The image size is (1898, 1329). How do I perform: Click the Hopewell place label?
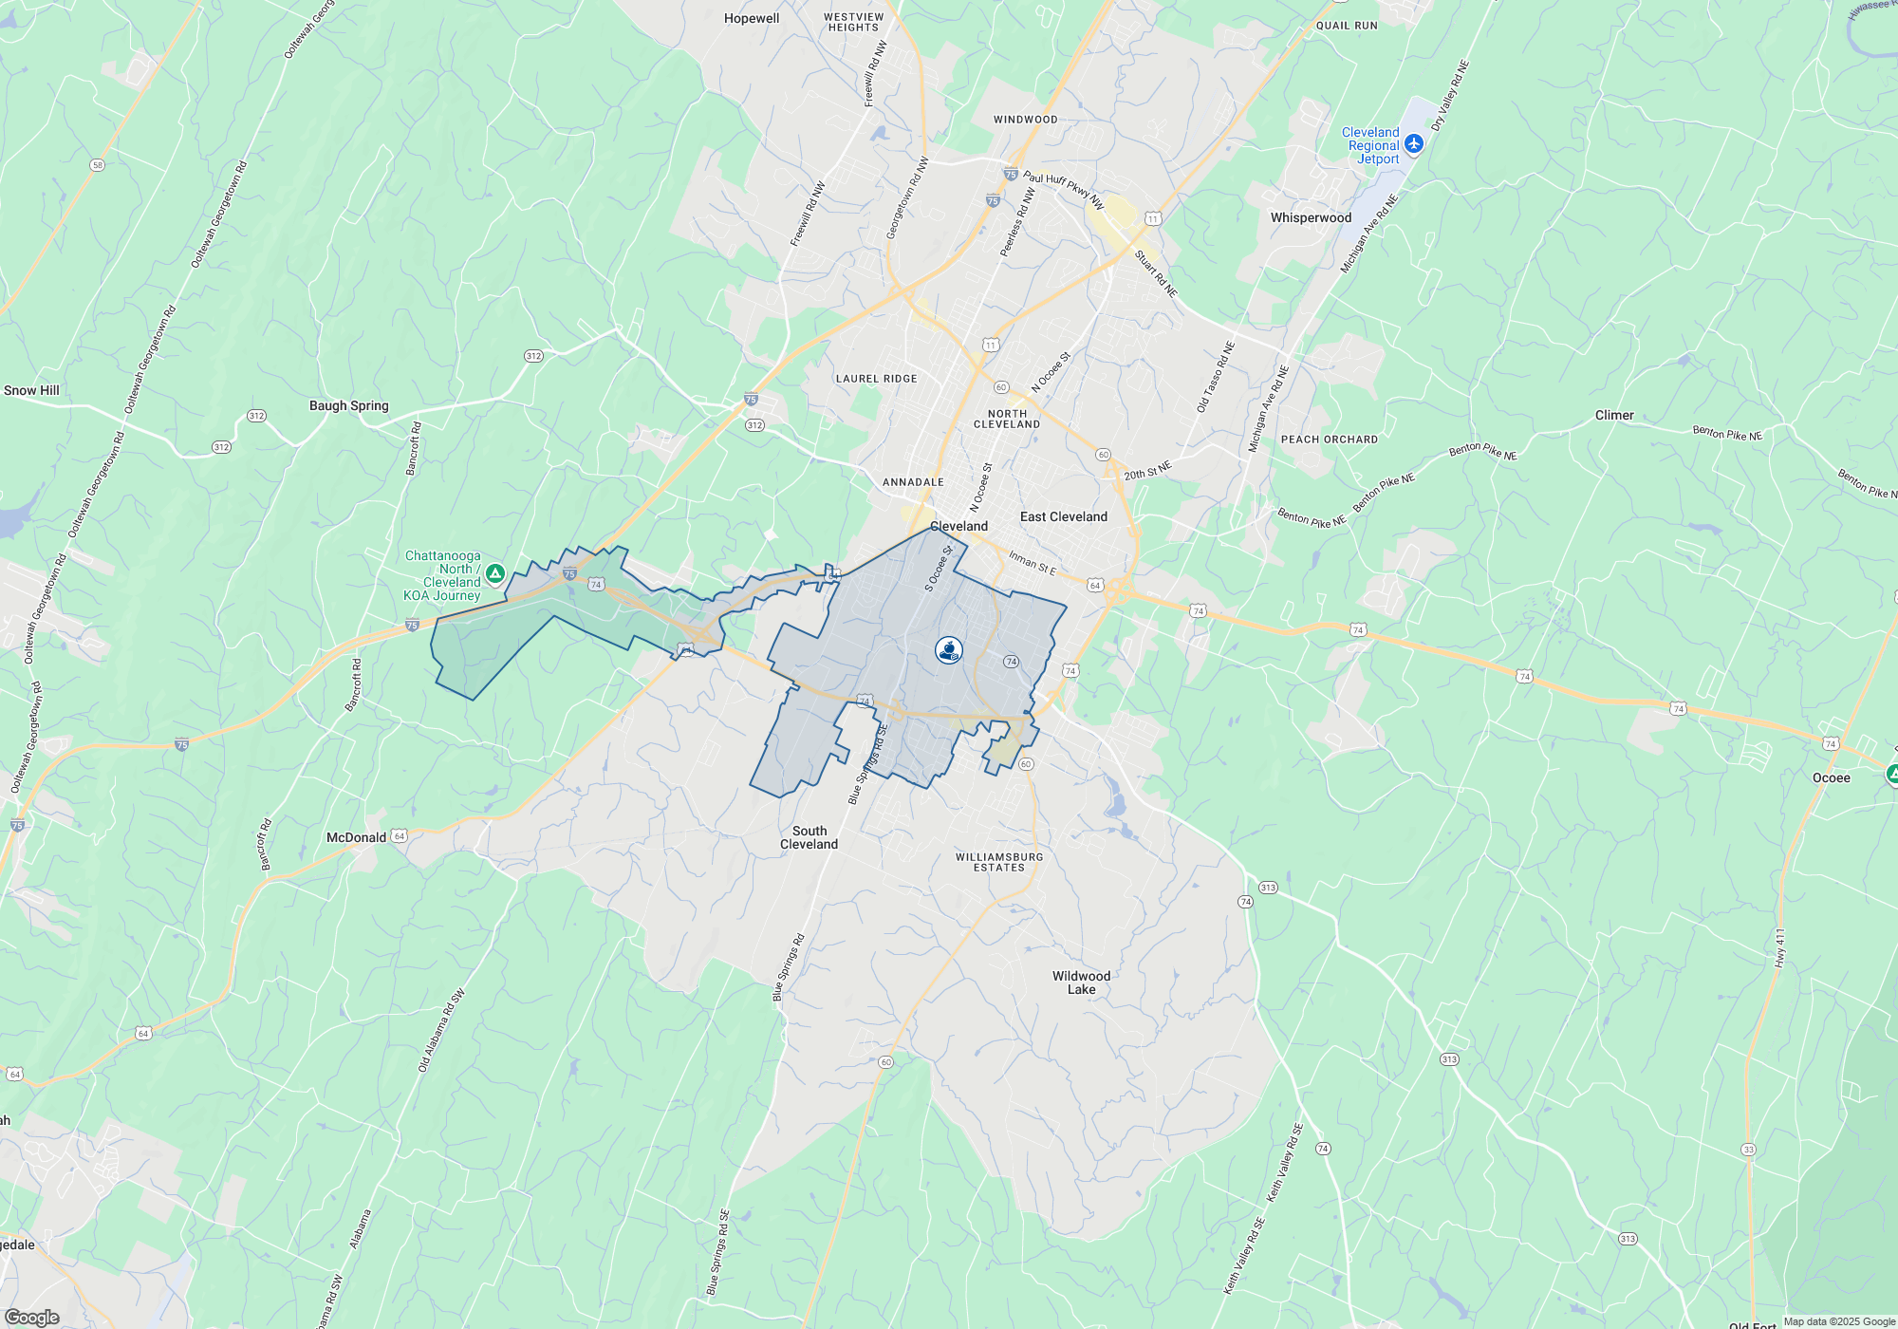click(x=752, y=19)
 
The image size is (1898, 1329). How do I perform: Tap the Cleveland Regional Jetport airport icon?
click(x=1414, y=143)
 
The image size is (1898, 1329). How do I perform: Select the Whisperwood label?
click(x=1311, y=218)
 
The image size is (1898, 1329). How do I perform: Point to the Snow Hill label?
click(x=31, y=390)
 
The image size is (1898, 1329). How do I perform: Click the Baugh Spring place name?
click(x=349, y=406)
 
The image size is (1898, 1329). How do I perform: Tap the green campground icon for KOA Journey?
click(x=495, y=573)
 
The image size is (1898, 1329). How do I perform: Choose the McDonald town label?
click(x=356, y=837)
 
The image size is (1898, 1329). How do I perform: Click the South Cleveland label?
click(x=809, y=837)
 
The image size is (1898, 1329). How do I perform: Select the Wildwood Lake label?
click(x=1081, y=983)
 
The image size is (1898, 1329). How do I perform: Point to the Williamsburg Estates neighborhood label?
click(x=999, y=862)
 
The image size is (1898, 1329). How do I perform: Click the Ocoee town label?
click(x=1831, y=778)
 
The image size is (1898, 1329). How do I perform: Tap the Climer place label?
click(x=1614, y=416)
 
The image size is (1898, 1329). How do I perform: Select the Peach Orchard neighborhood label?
click(x=1329, y=440)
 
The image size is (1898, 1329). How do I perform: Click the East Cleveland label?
click(x=1063, y=517)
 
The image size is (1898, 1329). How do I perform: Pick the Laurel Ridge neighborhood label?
click(x=876, y=379)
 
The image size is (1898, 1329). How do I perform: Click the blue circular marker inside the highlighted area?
click(x=949, y=650)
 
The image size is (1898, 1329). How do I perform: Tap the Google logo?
click(x=31, y=1317)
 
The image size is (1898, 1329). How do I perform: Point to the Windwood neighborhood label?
click(x=1025, y=120)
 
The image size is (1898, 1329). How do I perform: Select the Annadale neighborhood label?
click(x=913, y=482)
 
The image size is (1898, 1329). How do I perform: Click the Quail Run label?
click(x=1347, y=26)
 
